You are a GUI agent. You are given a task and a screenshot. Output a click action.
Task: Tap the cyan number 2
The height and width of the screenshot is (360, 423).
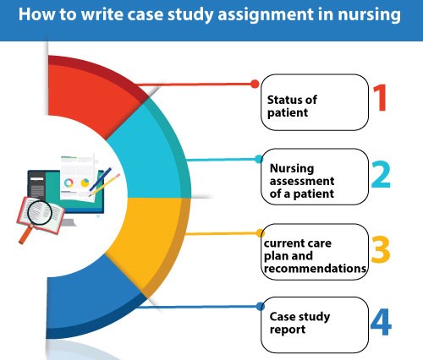pos(381,174)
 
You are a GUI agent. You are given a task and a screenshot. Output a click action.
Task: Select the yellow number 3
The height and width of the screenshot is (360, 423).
pos(381,249)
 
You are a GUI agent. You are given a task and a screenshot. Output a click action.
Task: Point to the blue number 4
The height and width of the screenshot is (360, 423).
pos(381,322)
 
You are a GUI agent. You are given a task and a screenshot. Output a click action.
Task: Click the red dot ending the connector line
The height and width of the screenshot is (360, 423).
pos(255,84)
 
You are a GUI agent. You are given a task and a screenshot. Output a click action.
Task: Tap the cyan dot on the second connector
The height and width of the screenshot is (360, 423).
pos(259,159)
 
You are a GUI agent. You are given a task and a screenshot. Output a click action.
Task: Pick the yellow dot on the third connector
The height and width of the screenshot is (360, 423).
pos(261,233)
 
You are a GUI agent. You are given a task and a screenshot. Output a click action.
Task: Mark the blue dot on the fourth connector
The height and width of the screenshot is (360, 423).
pos(261,307)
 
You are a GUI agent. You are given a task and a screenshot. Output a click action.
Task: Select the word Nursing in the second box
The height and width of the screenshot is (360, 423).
pos(292,169)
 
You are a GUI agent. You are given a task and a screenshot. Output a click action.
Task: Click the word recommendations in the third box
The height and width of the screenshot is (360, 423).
pos(315,269)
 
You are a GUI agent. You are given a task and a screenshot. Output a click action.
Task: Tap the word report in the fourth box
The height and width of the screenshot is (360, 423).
pos(288,330)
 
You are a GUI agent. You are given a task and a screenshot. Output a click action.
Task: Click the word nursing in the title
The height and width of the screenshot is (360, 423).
pos(369,15)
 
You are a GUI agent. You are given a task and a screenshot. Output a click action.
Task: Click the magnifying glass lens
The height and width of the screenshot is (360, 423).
pos(40,212)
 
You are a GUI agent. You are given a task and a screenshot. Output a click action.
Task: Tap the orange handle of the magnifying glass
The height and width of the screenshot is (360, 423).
pos(25,234)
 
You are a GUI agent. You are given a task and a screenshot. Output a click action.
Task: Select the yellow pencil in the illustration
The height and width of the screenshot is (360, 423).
pos(104,185)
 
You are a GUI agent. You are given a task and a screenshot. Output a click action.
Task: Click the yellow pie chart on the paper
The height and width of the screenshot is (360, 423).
pos(85,183)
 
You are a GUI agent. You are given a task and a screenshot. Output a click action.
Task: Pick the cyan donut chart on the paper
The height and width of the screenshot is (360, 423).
pos(69,183)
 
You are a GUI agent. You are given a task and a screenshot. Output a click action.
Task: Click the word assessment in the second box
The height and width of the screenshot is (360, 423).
pos(302,181)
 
